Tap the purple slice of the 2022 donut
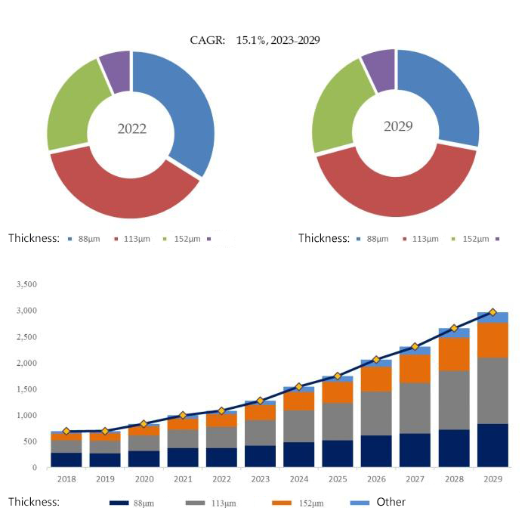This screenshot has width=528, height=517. pyautogui.click(x=116, y=70)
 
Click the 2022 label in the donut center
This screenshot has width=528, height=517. pyautogui.click(x=131, y=128)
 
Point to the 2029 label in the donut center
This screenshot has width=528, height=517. pyautogui.click(x=398, y=125)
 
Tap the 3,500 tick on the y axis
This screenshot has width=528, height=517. pyautogui.click(x=26, y=285)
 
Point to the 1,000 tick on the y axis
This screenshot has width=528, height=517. pyautogui.click(x=26, y=416)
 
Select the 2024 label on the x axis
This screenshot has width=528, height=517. pyautogui.click(x=299, y=480)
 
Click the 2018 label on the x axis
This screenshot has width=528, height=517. pyautogui.click(x=66, y=480)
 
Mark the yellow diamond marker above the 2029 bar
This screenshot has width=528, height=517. pyautogui.click(x=492, y=312)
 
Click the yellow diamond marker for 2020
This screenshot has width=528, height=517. pyautogui.click(x=144, y=424)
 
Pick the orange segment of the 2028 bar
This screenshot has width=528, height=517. pyautogui.click(x=454, y=354)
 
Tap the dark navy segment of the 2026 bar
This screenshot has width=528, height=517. pyautogui.click(x=376, y=451)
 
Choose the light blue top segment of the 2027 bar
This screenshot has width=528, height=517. pyautogui.click(x=415, y=351)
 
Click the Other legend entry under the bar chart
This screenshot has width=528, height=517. pyautogui.click(x=391, y=502)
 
